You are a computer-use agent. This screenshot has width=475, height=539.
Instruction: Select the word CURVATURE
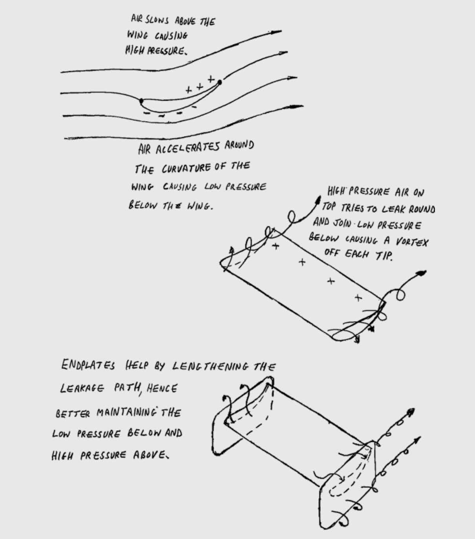[186, 169]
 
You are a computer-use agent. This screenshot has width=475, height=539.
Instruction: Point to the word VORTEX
[411, 241]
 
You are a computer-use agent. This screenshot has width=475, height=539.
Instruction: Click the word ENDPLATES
[88, 365]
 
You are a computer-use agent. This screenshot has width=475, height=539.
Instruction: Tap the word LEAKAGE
[82, 388]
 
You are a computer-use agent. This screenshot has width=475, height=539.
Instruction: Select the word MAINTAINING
[126, 412]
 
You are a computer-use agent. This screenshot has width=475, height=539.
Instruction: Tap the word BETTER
[73, 414]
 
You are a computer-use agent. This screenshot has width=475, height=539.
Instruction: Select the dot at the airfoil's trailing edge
[220, 82]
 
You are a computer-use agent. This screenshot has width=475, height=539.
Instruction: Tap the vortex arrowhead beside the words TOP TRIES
[318, 199]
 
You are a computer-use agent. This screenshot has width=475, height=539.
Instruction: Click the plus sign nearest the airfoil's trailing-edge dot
[211, 79]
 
